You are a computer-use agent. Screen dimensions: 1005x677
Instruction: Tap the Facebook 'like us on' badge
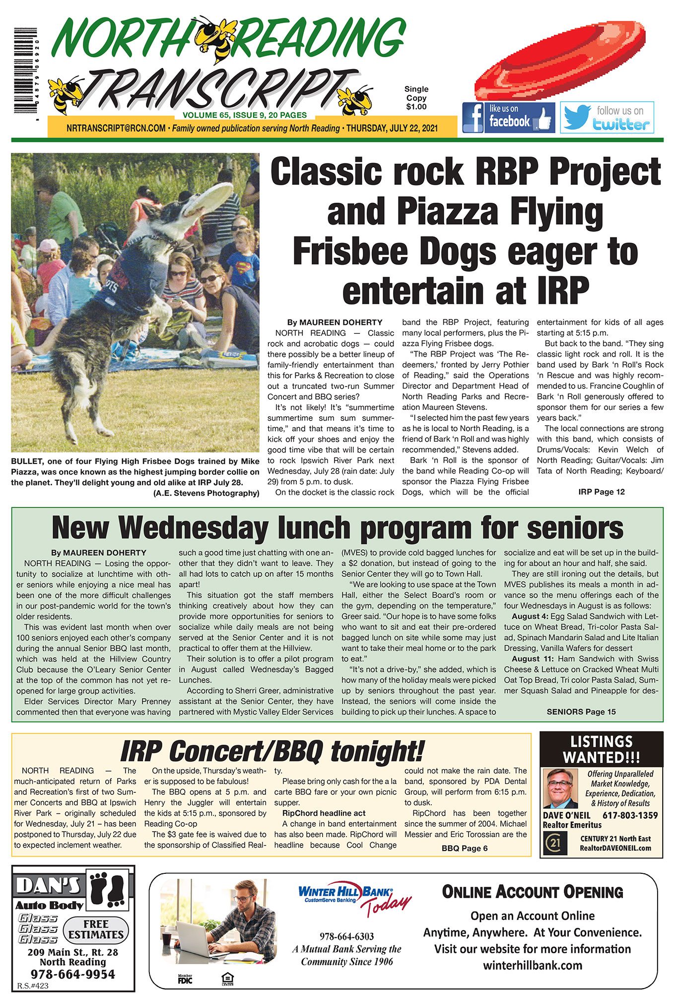(x=508, y=117)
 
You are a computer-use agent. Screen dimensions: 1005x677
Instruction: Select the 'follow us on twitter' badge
(x=607, y=118)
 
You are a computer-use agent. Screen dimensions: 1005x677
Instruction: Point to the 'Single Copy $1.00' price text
(x=416, y=97)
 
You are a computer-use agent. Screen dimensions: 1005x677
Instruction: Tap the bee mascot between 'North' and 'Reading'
(x=214, y=38)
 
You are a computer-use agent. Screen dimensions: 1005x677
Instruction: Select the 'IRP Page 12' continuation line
(x=601, y=492)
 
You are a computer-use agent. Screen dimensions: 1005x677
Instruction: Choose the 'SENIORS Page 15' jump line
(x=581, y=711)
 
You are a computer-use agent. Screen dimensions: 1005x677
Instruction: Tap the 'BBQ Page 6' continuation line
(x=464, y=848)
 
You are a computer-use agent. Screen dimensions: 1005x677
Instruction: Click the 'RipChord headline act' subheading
(x=324, y=813)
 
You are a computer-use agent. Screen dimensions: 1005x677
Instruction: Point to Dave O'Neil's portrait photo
(x=560, y=789)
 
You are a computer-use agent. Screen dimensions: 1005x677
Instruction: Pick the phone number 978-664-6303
(x=346, y=936)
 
